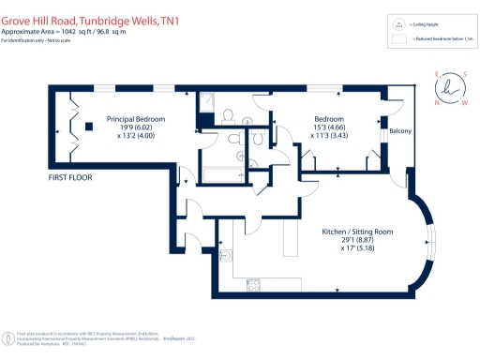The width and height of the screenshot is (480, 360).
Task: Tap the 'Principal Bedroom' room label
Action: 136,120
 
